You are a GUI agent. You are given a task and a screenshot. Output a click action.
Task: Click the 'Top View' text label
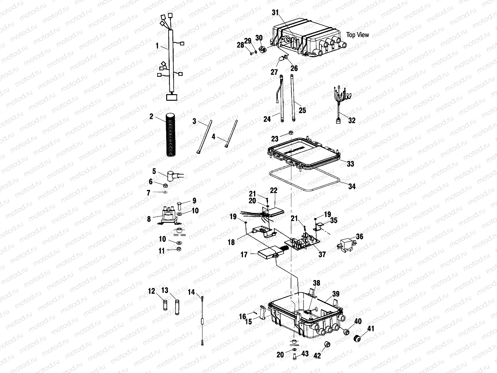[x=358, y=35]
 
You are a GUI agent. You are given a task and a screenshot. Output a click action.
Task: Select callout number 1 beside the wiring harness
[x=157, y=46]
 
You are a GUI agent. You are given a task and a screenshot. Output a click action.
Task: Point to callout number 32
[x=352, y=120]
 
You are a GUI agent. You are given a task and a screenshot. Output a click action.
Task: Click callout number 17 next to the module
[x=244, y=255]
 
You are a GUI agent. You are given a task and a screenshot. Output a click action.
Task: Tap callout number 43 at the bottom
[x=305, y=362]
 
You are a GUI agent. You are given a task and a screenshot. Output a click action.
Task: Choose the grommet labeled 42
[x=327, y=345]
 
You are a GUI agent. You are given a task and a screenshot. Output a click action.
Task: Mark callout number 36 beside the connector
[x=359, y=237]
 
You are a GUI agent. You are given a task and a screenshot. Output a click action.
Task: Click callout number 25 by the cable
[x=302, y=110]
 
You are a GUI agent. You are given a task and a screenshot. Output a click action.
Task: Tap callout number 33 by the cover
[x=350, y=163]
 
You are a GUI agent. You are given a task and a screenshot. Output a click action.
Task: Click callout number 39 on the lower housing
[x=336, y=294]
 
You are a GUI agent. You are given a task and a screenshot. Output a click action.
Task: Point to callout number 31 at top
[x=275, y=12]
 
